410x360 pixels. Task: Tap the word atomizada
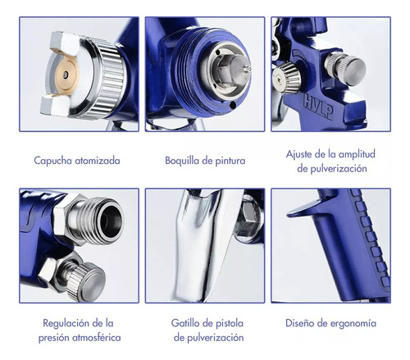click(98, 161)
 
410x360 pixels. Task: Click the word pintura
click(230, 161)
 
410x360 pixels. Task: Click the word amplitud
click(357, 154)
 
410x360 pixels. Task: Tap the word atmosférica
click(97, 338)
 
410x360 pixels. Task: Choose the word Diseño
click(299, 323)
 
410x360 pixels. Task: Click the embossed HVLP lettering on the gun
click(318, 107)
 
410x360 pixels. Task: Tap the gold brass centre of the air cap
click(66, 75)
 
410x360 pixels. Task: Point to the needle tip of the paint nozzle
click(248, 68)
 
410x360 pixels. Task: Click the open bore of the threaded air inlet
click(112, 221)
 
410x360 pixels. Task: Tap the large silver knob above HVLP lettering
click(345, 69)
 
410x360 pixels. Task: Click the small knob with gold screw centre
click(286, 77)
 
